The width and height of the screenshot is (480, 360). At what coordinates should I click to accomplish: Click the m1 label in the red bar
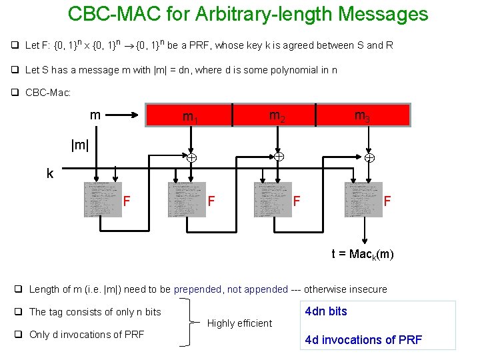tap(191, 118)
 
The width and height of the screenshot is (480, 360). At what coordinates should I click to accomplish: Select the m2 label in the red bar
tap(277, 116)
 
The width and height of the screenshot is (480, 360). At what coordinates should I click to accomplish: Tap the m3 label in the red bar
tap(363, 117)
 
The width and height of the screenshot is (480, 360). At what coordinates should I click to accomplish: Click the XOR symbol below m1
tap(191, 158)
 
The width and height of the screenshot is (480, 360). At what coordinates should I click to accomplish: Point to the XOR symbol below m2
tap(279, 157)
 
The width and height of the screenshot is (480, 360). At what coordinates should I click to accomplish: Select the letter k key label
tap(50, 173)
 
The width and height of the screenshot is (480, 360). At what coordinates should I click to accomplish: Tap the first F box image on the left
tap(103, 199)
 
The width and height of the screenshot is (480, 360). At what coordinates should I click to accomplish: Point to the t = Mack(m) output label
tap(363, 254)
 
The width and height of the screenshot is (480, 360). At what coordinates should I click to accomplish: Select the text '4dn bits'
tap(326, 311)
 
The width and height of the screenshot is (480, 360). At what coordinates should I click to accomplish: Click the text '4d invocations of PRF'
tap(363, 340)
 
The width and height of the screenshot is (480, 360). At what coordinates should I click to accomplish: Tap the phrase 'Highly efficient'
tap(240, 323)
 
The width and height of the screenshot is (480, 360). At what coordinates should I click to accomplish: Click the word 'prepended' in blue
tap(198, 289)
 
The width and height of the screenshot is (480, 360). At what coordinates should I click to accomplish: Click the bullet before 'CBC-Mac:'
tap(15, 93)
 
